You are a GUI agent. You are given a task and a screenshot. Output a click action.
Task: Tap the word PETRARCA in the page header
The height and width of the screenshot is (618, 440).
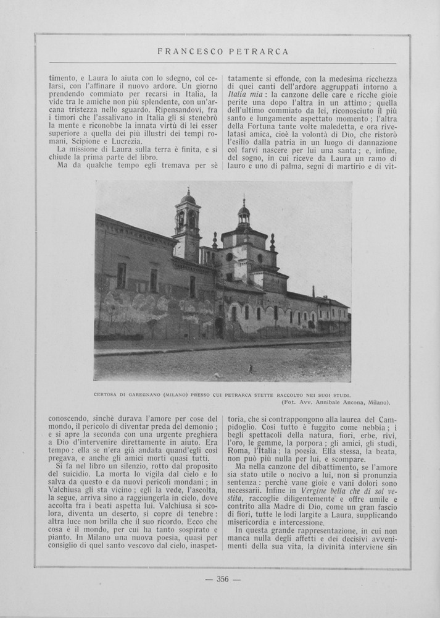259,52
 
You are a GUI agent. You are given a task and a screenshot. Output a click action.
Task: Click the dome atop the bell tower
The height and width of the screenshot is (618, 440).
188,198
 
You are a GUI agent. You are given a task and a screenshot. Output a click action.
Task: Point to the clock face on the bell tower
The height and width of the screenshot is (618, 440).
192,219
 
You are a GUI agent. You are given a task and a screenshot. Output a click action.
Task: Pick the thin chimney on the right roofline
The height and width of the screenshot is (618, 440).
313,291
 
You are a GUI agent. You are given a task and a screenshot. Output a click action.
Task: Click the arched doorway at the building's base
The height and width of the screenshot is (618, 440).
218,328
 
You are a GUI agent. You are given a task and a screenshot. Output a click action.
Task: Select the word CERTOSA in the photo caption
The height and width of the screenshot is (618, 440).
106,394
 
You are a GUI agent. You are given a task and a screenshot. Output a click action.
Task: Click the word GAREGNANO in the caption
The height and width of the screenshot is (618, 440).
146,394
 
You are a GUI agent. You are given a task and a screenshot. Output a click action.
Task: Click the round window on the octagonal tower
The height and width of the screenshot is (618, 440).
230,257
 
